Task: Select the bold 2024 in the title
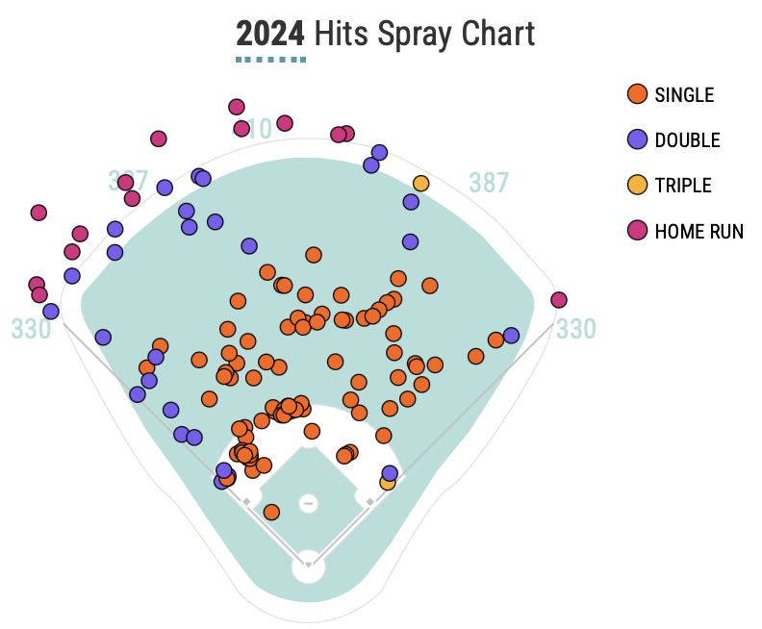[270, 35]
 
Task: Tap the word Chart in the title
[496, 35]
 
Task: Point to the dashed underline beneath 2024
[270, 60]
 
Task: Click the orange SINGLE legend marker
[636, 94]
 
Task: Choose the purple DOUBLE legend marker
[636, 139]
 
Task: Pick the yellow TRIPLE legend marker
[636, 185]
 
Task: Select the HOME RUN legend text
[698, 231]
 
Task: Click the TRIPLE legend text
[683, 185]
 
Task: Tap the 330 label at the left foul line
[31, 329]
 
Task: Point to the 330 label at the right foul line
[575, 329]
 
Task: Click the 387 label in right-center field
[489, 183]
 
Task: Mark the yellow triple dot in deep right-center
[420, 183]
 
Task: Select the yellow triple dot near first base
[387, 483]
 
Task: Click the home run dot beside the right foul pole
[559, 300]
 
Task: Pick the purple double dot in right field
[511, 335]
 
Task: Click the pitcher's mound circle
[308, 503]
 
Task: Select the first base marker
[369, 501]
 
